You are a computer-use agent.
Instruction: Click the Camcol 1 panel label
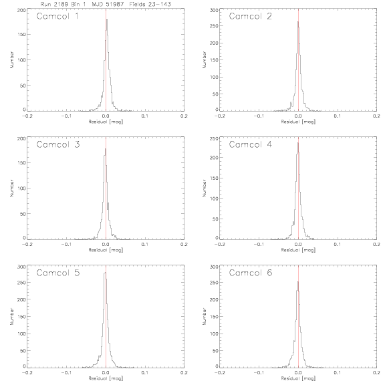57,16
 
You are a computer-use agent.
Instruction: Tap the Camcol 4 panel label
251,144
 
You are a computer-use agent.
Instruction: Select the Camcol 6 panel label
251,273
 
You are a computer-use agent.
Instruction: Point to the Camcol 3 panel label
58,144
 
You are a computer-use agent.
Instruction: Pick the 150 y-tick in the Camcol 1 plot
21,34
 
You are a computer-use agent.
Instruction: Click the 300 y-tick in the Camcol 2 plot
214,10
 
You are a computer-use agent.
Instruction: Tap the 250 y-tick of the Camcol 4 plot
214,138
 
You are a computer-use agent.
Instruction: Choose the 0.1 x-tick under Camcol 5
145,372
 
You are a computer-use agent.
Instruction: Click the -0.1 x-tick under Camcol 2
259,116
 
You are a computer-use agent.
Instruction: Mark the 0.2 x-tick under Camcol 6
376,372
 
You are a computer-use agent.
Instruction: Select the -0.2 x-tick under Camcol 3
27,245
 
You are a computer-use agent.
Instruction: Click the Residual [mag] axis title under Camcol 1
106,122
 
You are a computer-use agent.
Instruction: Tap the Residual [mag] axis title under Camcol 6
298,378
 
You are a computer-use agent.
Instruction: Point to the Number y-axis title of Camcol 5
11,317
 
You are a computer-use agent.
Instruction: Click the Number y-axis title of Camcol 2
204,59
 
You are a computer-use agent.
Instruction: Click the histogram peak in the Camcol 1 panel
107,20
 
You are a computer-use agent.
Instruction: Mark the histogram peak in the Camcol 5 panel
105,272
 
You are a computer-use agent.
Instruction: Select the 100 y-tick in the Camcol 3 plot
21,188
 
